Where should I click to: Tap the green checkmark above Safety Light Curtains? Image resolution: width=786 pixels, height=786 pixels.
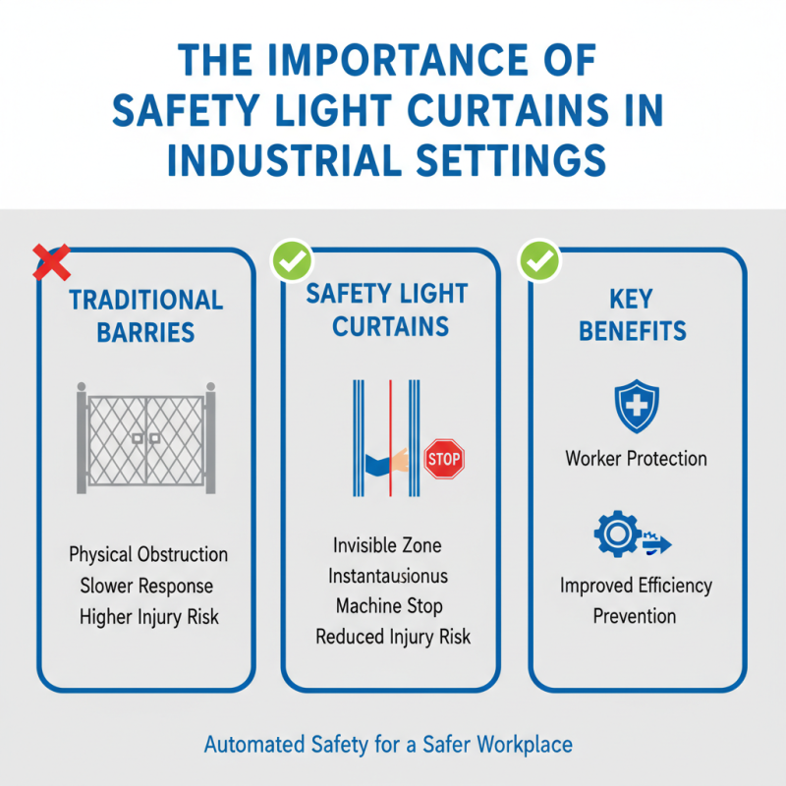pyautogui.click(x=291, y=261)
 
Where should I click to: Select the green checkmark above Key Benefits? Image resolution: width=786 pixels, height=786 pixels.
pyautogui.click(x=538, y=261)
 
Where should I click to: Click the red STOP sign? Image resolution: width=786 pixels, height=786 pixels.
pyautogui.click(x=443, y=459)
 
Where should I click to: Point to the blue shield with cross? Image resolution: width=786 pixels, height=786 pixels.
pyautogui.click(x=636, y=407)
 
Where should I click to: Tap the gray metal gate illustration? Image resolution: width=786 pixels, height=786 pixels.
pyautogui.click(x=145, y=437)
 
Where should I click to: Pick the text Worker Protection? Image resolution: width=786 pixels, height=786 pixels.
pyautogui.click(x=636, y=458)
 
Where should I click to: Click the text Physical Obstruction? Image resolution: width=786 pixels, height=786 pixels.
pyautogui.click(x=148, y=554)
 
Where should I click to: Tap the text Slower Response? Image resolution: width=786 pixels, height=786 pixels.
pyautogui.click(x=147, y=586)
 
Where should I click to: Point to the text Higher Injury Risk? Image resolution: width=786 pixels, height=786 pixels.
pyautogui.click(x=148, y=617)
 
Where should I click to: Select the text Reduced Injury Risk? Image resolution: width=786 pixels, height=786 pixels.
pyautogui.click(x=393, y=637)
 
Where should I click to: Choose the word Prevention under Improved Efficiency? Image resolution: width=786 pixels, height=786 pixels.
pyautogui.click(x=635, y=616)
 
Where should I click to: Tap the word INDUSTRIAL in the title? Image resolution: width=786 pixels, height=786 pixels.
pyautogui.click(x=284, y=158)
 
